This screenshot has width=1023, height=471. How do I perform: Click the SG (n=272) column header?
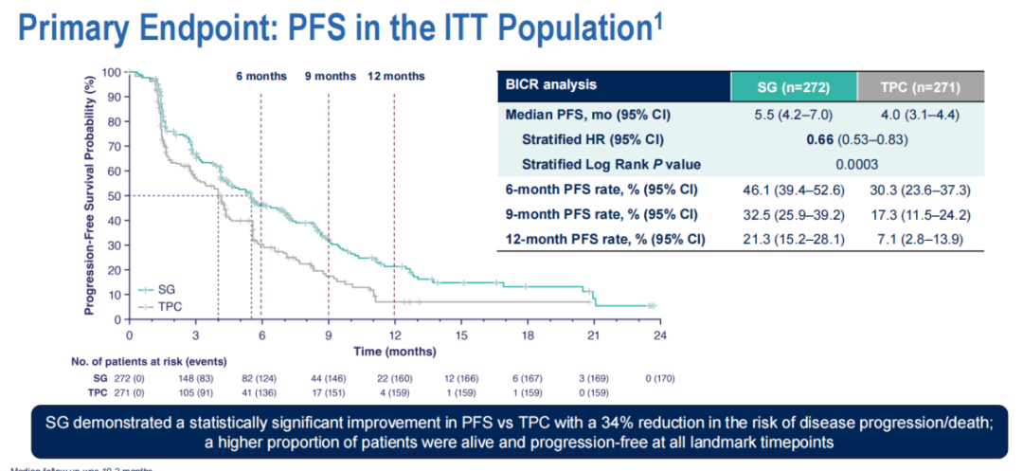coord(793,87)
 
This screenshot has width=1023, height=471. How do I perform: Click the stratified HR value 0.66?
coord(793,139)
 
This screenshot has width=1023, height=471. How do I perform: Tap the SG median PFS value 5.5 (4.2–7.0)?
coord(793,116)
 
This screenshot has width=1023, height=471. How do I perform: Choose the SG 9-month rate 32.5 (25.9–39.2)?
coord(793,214)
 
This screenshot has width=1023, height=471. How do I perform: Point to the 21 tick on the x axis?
coord(594,335)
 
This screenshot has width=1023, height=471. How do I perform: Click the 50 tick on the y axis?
coord(114,195)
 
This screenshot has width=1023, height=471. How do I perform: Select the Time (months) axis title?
coord(394,351)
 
